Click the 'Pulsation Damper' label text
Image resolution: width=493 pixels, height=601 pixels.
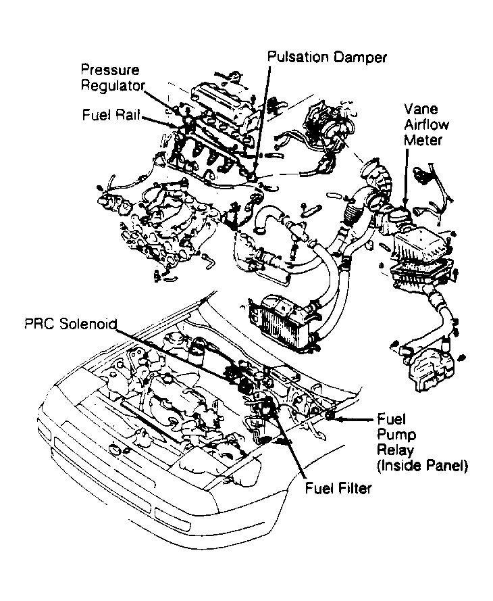pos(327,57)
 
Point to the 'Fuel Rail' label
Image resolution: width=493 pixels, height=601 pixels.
pos(111,115)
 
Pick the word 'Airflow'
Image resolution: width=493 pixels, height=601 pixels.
pos(426,124)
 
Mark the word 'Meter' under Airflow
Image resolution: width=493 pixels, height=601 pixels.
pos(423,140)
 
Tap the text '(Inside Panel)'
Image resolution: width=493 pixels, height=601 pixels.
pos(422,465)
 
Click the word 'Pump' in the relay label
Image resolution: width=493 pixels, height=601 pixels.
pos(391,434)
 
